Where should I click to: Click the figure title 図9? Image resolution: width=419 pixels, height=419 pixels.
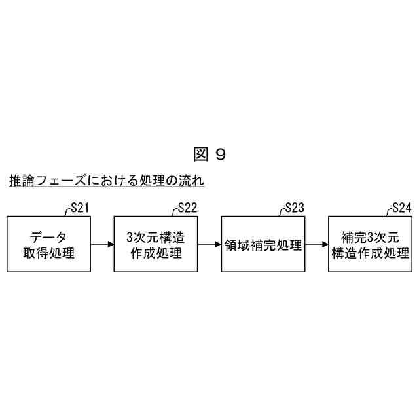pos(209,154)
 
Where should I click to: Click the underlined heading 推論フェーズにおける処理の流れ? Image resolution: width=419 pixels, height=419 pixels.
pos(107,181)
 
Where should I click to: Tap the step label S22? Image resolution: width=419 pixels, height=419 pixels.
pos(187,209)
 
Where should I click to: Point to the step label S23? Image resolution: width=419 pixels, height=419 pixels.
pos(295,209)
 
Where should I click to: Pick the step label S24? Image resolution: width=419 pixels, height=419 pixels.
pos(401,209)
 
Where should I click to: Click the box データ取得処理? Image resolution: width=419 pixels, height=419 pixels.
pos(49,244)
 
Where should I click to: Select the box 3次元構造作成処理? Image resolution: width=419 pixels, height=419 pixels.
pos(156,244)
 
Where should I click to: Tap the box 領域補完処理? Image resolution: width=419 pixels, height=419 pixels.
pos(263,244)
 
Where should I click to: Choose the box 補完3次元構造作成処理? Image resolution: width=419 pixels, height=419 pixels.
pos(371,244)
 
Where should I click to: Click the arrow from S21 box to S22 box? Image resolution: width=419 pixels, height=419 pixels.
pos(102,244)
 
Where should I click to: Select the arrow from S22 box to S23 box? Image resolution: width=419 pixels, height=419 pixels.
pos(209,244)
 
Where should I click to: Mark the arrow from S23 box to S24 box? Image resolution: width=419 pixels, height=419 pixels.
pos(317,244)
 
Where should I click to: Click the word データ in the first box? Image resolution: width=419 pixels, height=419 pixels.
pos(49,236)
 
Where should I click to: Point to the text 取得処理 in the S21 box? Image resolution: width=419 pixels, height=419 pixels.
pos(49,252)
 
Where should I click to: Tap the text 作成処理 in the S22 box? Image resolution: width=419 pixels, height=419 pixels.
pos(156,252)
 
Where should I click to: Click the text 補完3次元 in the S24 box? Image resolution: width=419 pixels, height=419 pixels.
pos(371,236)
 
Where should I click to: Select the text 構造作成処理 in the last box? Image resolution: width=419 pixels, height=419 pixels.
pos(371,252)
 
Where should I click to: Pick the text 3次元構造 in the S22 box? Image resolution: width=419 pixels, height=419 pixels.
pos(156,236)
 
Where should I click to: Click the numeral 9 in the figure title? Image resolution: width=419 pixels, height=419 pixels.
pos(220,154)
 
